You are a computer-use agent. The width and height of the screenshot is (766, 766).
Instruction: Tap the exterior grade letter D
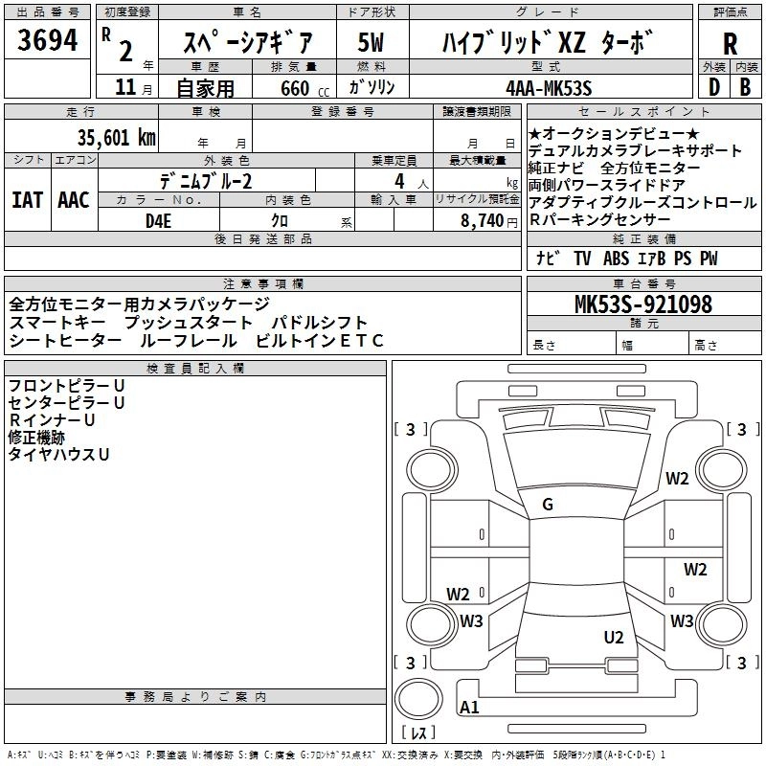tap(712, 86)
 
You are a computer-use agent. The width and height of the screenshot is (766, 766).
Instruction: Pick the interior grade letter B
tap(745, 86)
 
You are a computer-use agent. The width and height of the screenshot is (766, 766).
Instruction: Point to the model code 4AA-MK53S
tap(549, 88)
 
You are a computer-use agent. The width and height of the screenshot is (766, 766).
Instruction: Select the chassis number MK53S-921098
tap(642, 304)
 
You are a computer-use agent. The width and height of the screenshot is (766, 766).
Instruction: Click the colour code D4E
tap(158, 221)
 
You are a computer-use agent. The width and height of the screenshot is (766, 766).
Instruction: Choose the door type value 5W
tap(370, 42)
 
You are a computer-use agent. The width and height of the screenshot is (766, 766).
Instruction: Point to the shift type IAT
tap(28, 200)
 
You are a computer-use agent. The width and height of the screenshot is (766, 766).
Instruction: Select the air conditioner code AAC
tap(73, 200)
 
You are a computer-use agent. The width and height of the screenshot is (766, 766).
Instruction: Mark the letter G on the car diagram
tap(548, 505)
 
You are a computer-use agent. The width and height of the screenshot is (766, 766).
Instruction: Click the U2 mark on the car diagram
tap(614, 638)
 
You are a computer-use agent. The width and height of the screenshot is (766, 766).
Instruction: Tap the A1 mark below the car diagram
tap(469, 708)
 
